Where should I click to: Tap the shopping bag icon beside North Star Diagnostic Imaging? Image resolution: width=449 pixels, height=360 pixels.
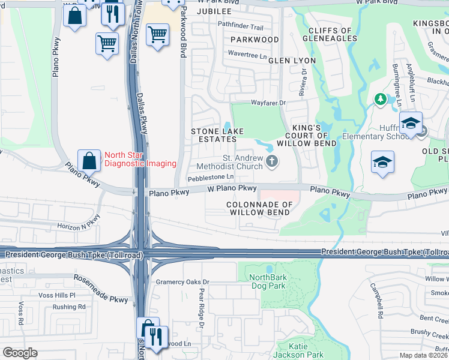[89, 161]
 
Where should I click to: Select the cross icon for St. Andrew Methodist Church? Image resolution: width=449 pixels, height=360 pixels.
[272, 161]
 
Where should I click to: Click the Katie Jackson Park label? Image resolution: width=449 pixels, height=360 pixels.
[299, 350]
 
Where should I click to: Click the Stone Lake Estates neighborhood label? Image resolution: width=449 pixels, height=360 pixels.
[214, 135]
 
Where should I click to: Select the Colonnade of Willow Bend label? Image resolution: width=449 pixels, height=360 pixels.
[259, 208]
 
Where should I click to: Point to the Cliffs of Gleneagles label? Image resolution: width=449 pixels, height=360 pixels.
[330, 34]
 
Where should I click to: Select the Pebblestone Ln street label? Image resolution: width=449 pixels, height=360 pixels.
[210, 177]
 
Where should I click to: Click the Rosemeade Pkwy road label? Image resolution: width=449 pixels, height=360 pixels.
[101, 289]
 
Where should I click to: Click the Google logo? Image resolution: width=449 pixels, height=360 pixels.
[20, 353]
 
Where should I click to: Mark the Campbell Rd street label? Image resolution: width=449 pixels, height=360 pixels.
[376, 301]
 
